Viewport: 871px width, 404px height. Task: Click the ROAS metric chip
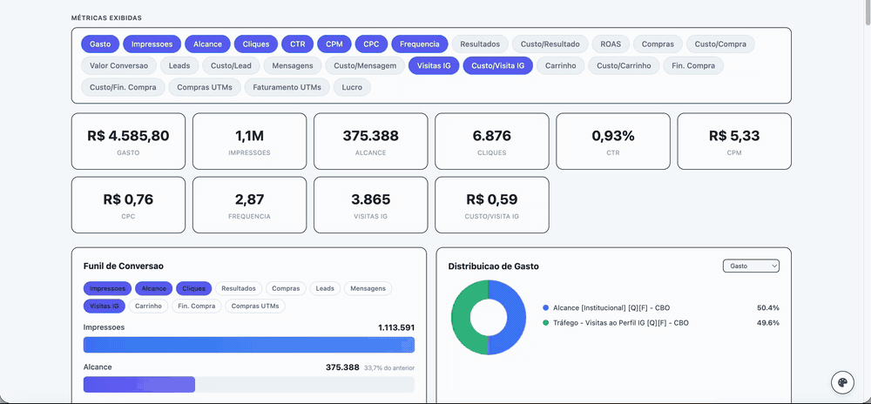click(606, 44)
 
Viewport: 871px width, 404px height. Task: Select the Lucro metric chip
click(352, 87)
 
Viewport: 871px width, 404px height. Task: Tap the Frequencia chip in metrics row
click(420, 44)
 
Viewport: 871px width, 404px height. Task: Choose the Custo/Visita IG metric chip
click(497, 65)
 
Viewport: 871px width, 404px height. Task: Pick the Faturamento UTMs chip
click(287, 87)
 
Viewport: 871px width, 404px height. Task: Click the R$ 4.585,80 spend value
click(128, 136)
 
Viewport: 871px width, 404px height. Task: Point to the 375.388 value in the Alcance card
click(370, 136)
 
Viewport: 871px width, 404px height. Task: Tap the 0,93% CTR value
click(612, 136)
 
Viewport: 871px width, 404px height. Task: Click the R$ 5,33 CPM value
click(734, 136)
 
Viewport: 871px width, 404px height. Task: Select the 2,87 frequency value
click(249, 199)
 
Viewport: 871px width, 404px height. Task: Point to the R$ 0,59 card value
click(491, 199)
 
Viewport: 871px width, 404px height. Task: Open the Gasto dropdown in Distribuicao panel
click(751, 266)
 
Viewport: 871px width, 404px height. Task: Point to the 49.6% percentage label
click(768, 322)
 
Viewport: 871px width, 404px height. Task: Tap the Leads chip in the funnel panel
click(325, 288)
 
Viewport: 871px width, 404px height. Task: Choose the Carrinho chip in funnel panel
click(148, 306)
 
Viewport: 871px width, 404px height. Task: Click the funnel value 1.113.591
click(396, 327)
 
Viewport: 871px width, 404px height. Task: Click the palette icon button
click(842, 382)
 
